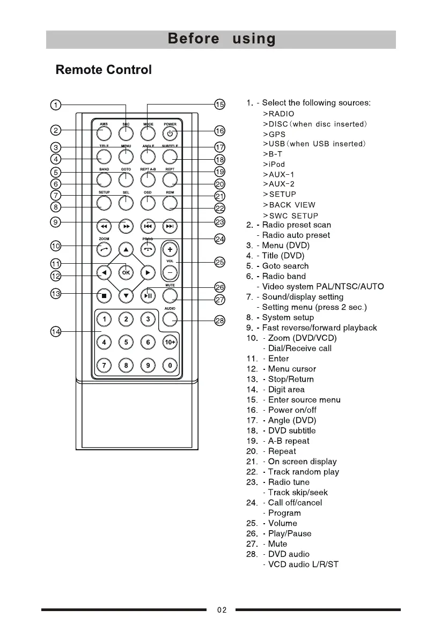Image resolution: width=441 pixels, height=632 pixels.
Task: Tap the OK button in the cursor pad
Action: [126, 272]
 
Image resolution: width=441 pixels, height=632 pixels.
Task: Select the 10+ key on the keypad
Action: [170, 342]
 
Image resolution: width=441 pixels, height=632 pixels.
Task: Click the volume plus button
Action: [170, 250]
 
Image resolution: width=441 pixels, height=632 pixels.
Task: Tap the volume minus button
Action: [170, 272]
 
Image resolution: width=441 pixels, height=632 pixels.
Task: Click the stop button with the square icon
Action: [104, 295]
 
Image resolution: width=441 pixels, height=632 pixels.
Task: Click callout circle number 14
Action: [56, 332]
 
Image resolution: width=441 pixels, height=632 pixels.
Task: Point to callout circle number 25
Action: [219, 262]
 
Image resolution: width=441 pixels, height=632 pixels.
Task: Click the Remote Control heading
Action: [104, 70]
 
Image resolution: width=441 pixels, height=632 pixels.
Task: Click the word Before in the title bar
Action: [193, 39]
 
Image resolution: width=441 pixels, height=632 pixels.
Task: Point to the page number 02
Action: [222, 609]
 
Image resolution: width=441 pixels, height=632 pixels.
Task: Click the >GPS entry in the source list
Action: [274, 134]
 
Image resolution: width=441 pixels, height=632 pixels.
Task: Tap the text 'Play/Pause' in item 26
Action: [290, 533]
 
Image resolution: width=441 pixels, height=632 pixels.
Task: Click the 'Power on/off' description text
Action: [292, 410]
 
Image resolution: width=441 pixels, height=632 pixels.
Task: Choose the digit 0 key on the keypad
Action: [170, 366]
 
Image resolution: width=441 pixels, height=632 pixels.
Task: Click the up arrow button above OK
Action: [126, 250]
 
